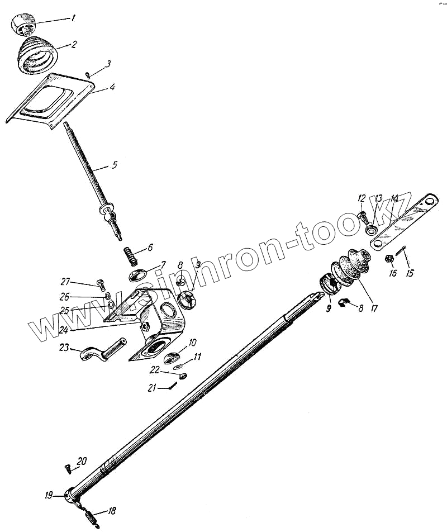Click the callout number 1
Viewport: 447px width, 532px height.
point(72,18)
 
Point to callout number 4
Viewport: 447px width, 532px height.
point(112,88)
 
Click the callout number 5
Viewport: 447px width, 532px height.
point(114,165)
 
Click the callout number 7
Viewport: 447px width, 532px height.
point(163,264)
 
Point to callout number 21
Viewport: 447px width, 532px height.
point(151,388)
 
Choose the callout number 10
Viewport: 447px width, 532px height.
point(192,342)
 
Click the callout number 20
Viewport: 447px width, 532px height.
point(82,461)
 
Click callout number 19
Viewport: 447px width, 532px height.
point(49,495)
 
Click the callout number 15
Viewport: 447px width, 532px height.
point(410,273)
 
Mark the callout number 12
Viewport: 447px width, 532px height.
point(361,198)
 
